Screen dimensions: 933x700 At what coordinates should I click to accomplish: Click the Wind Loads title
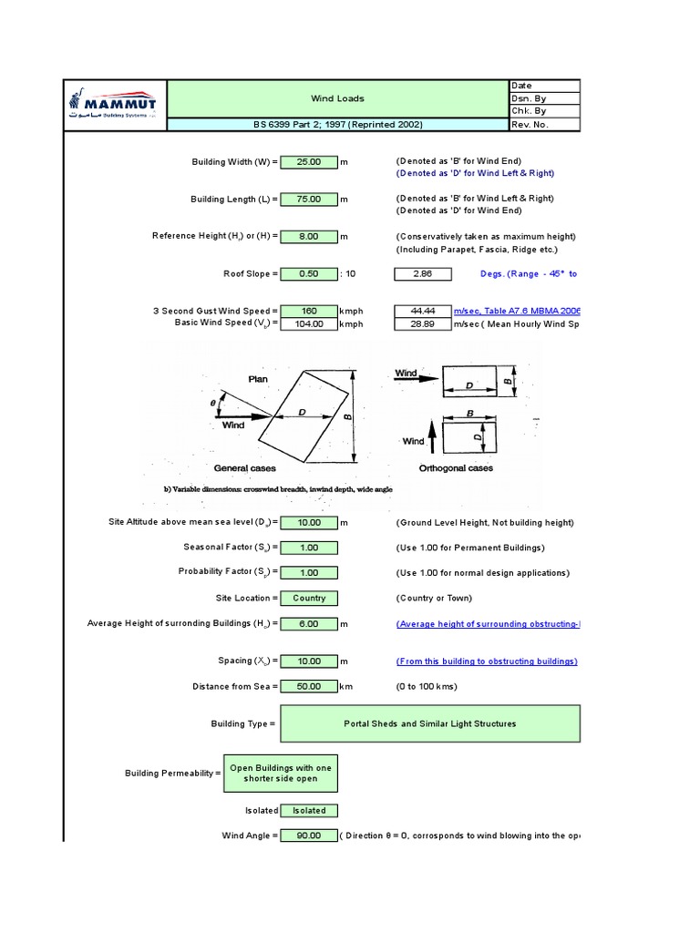point(338,98)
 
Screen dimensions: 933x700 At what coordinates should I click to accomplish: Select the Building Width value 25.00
point(309,161)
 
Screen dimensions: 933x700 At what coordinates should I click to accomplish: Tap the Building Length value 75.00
point(309,199)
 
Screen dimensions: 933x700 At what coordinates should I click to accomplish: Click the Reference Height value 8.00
point(309,236)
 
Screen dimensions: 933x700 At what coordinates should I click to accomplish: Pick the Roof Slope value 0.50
point(309,273)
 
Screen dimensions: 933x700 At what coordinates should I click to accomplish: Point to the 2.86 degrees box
point(422,273)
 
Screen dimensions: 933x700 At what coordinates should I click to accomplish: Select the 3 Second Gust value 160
point(309,311)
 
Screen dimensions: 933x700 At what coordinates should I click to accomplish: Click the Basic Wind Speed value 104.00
point(309,323)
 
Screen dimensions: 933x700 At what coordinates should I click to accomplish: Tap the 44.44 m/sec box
point(422,311)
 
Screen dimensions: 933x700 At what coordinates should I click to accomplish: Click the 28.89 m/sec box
point(422,323)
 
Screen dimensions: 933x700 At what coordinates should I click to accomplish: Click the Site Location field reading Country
point(309,598)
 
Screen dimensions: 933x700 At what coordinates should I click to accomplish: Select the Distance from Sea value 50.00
point(309,686)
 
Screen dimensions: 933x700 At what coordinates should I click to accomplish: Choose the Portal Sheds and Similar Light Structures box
point(429,723)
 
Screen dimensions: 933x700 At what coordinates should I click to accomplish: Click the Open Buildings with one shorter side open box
point(281,773)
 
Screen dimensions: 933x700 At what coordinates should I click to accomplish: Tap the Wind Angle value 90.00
point(309,835)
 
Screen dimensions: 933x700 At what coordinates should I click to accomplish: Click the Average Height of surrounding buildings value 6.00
point(309,624)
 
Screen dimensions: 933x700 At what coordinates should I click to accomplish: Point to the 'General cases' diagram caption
point(244,468)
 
